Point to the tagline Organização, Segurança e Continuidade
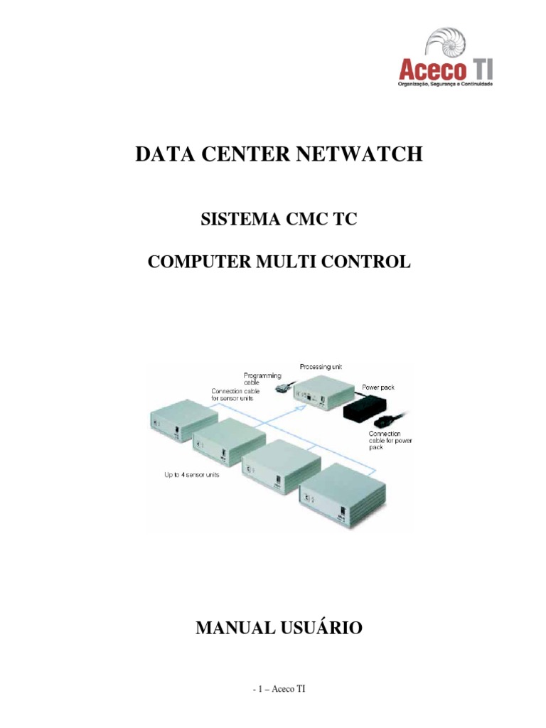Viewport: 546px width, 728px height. tap(444, 84)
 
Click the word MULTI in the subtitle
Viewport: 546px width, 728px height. tap(309, 262)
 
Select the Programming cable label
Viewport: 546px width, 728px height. tap(263, 378)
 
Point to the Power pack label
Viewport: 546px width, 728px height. tap(378, 387)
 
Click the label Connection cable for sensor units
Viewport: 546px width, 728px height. tap(235, 395)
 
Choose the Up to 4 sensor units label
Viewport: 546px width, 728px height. tap(188, 474)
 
